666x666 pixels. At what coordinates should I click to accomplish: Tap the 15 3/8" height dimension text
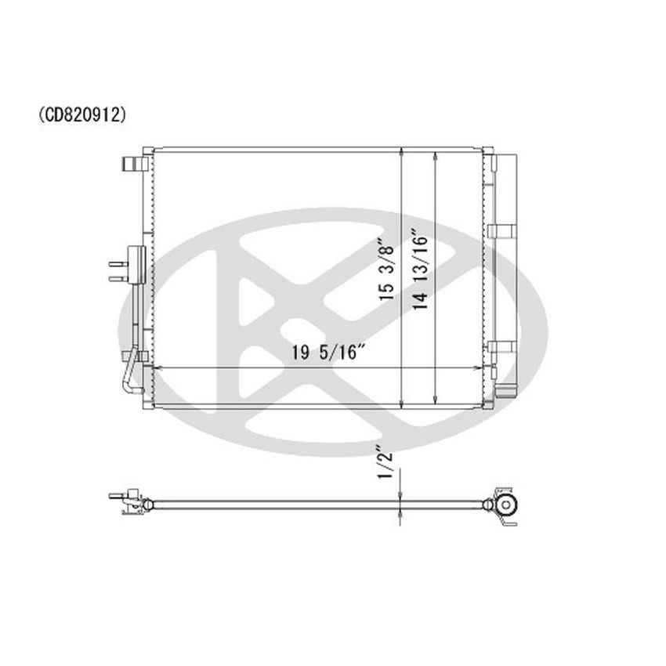pos(385,270)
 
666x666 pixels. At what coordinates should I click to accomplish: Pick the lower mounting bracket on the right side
pos(499,349)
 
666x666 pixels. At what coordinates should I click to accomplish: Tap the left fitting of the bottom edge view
pos(129,501)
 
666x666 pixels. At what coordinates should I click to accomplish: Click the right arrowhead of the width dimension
pos(480,367)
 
